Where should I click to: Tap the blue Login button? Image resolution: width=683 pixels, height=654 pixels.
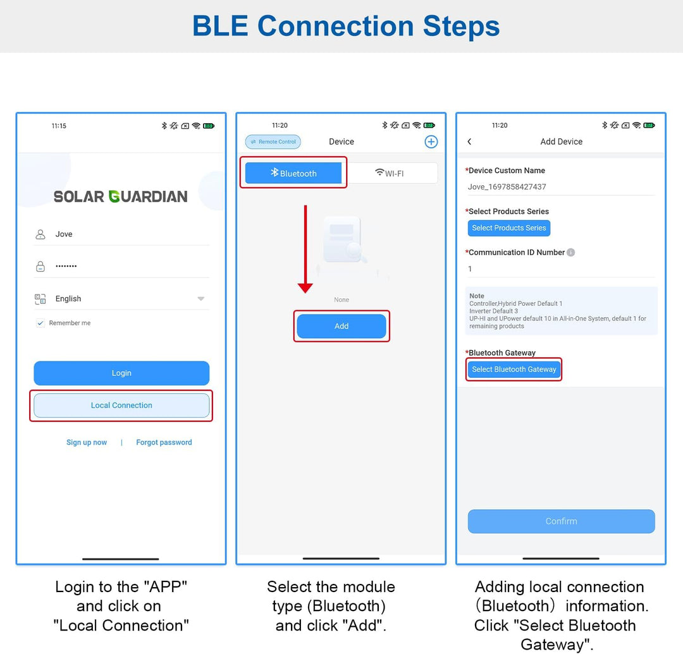click(x=121, y=373)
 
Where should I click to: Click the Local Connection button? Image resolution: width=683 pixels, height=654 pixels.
click(x=121, y=405)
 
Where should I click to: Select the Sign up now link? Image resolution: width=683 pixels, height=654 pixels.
click(x=86, y=442)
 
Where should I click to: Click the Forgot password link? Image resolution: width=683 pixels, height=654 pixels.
click(x=164, y=442)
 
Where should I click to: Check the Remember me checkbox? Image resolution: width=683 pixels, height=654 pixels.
click(x=40, y=323)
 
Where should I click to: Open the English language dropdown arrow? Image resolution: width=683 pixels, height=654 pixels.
click(x=201, y=298)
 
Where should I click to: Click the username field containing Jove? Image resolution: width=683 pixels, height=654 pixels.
click(x=121, y=234)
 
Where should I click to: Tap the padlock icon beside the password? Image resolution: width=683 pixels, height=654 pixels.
click(x=40, y=266)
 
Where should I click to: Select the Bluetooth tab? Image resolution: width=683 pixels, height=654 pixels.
click(x=293, y=173)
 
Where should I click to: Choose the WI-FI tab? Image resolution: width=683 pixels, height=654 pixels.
click(x=390, y=173)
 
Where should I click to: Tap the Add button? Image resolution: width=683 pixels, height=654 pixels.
click(x=341, y=326)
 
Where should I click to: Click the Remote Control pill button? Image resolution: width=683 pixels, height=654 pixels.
click(x=273, y=142)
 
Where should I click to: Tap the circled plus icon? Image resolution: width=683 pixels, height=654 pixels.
click(x=431, y=142)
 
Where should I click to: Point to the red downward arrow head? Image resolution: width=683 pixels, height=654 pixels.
click(x=305, y=287)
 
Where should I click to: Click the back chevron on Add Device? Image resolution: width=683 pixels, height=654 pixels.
click(x=469, y=142)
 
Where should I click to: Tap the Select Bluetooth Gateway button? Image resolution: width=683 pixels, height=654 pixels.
click(x=514, y=370)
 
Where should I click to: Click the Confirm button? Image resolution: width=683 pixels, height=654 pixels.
click(x=561, y=521)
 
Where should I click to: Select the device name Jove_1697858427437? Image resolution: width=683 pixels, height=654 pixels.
click(x=507, y=186)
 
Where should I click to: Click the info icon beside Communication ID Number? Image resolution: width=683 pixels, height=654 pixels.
click(x=570, y=252)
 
